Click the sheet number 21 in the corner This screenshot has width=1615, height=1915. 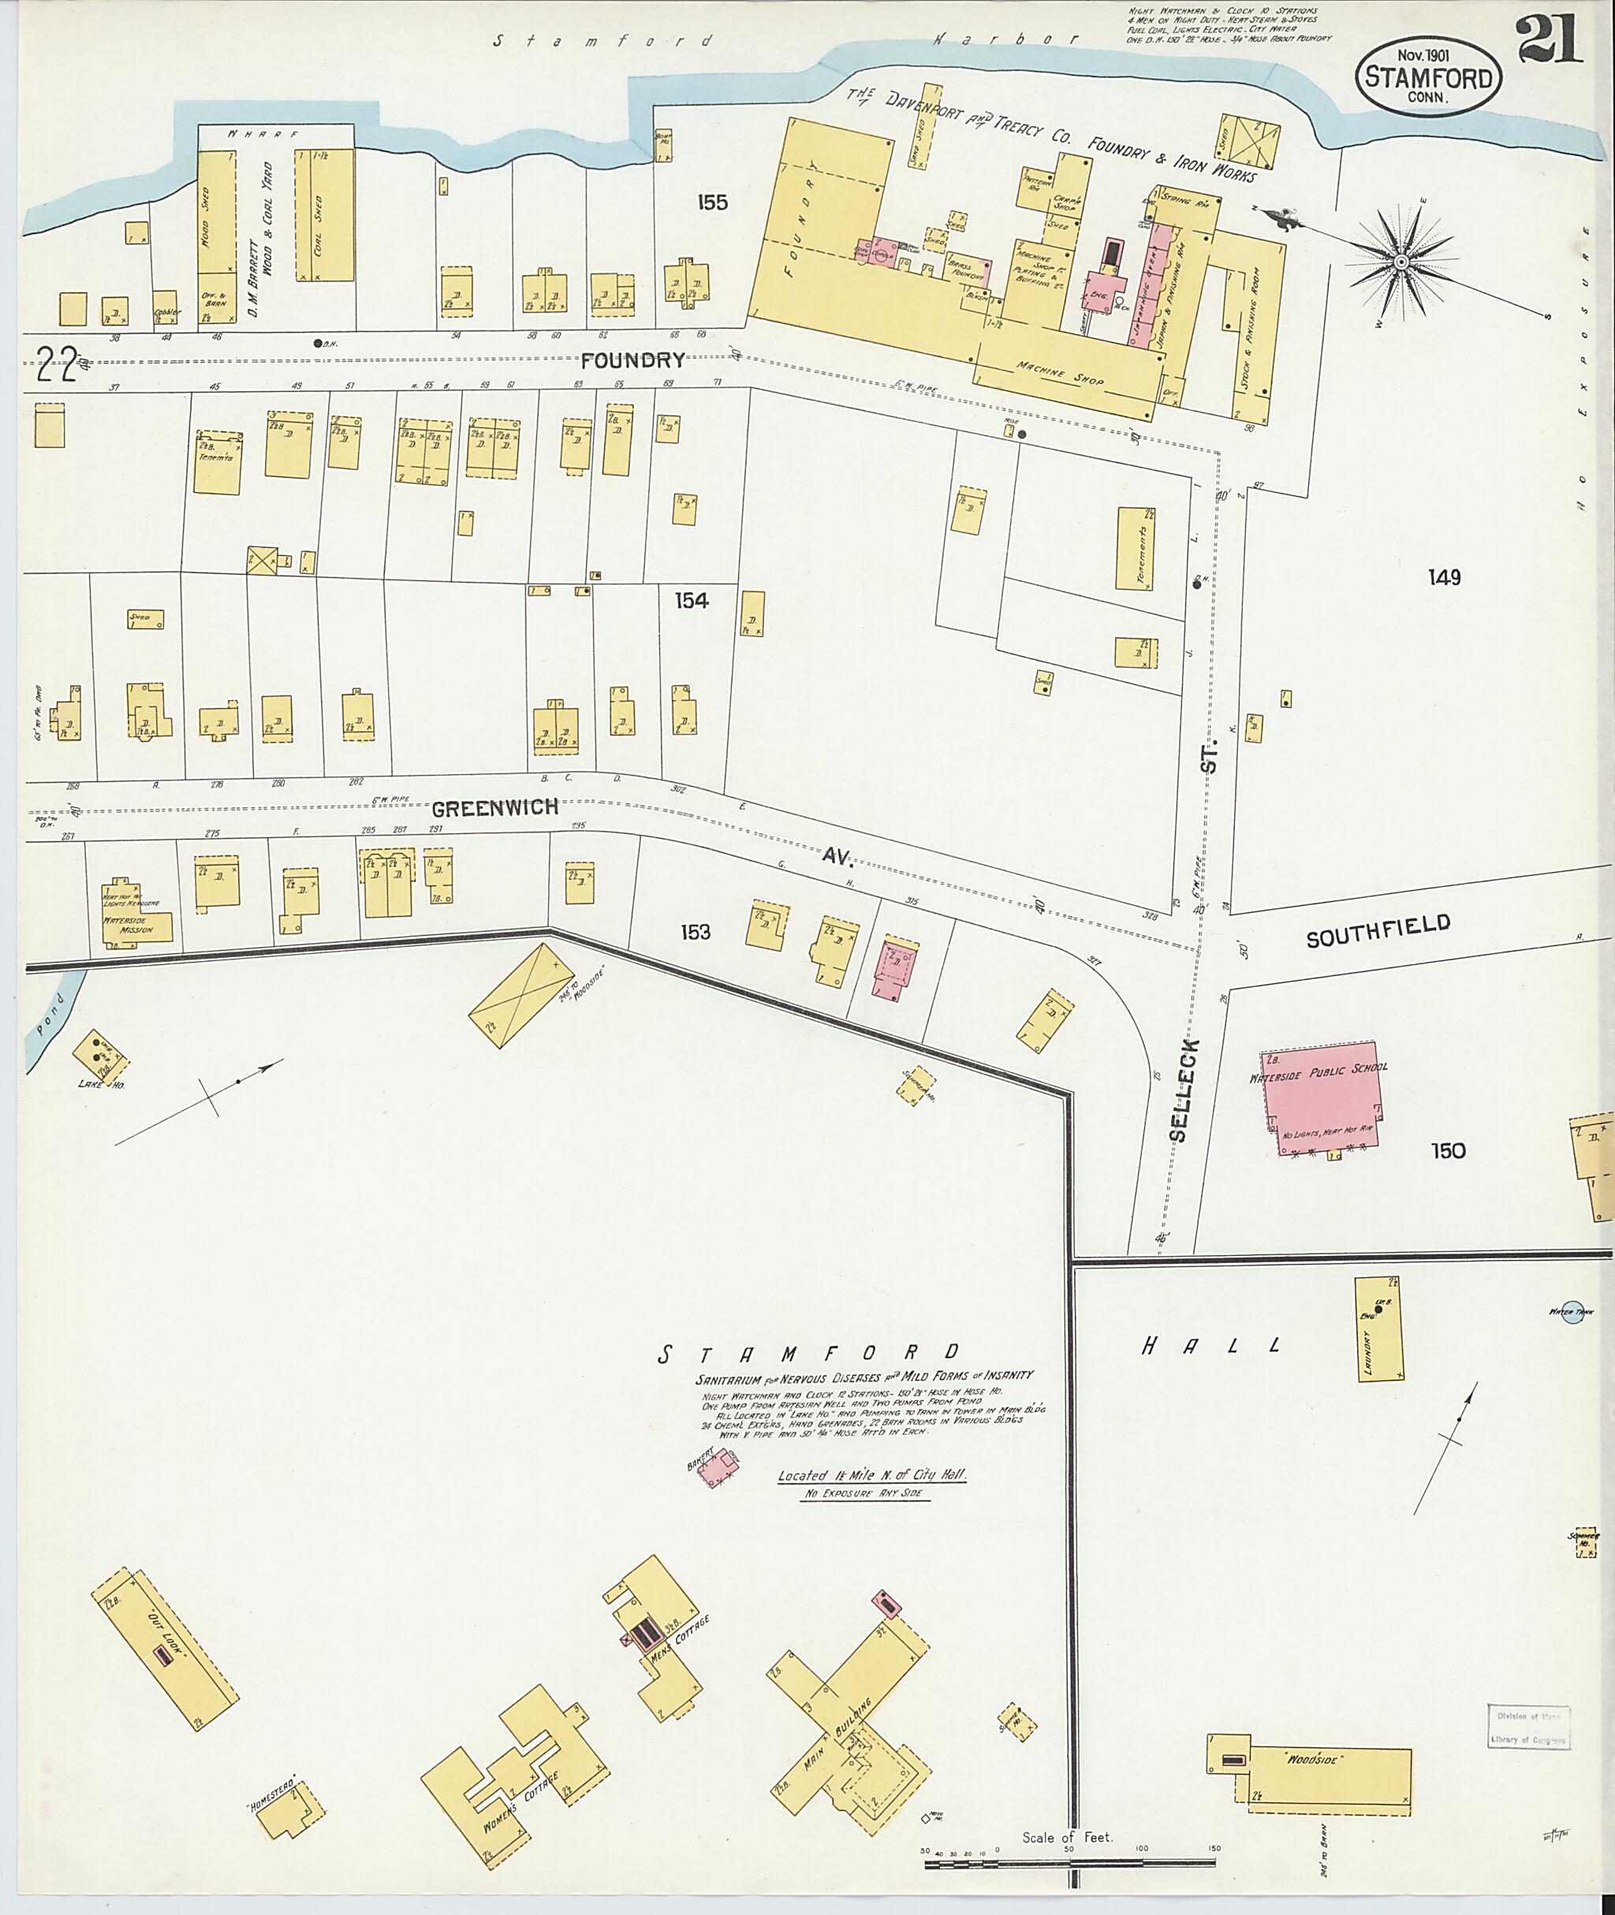[x=1549, y=41]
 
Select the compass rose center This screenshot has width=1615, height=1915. [x=1400, y=263]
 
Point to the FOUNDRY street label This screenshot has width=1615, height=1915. [x=632, y=360]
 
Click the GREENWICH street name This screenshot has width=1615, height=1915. [x=494, y=808]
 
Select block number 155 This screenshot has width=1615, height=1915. [x=711, y=203]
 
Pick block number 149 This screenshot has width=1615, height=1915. [x=1444, y=578]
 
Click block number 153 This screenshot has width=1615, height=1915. [x=695, y=932]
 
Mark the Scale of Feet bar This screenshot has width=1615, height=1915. [x=1068, y=1857]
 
